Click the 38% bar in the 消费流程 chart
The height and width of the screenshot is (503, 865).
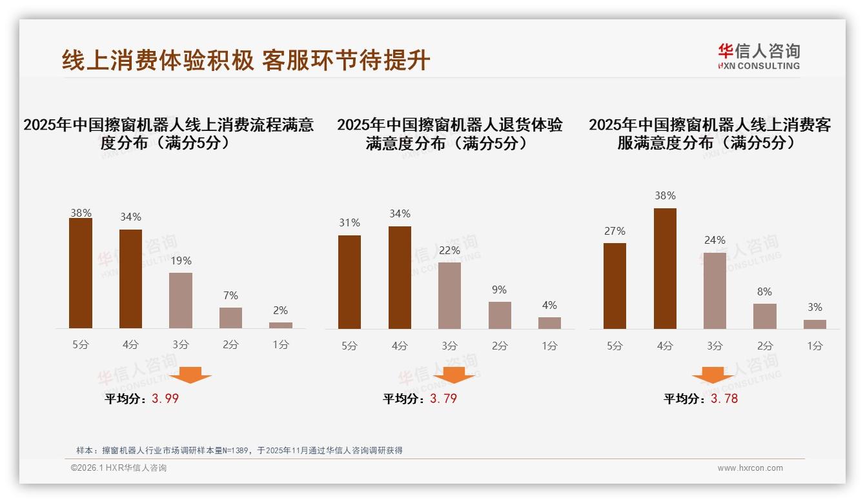tap(81, 273)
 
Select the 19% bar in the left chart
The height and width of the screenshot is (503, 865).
tap(181, 301)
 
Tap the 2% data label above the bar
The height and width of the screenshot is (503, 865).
tap(280, 311)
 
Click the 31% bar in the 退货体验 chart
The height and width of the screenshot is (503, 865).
tap(349, 282)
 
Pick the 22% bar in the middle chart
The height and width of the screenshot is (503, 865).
tap(449, 295)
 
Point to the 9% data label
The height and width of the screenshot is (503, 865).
tap(499, 290)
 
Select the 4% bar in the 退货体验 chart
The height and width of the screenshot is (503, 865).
tap(549, 323)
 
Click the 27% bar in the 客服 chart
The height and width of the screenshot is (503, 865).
tap(615, 286)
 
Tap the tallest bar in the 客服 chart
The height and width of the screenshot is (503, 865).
tap(665, 268)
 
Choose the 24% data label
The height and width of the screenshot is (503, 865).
tap(715, 241)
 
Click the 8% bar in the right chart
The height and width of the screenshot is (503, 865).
tap(764, 316)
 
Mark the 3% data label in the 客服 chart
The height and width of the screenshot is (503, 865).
tap(815, 308)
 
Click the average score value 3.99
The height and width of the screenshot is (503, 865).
tap(165, 399)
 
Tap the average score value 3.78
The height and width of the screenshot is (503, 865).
tap(724, 399)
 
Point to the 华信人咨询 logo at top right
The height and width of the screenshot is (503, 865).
tap(758, 56)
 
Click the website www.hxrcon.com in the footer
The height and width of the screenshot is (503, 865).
tap(750, 468)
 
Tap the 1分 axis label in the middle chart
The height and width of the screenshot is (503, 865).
tap(549, 346)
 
